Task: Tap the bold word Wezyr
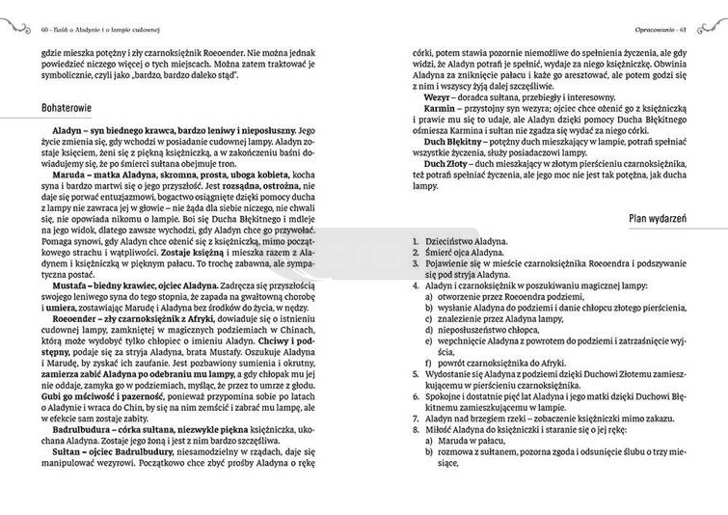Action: pos(441,97)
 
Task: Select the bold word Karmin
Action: pos(442,110)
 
